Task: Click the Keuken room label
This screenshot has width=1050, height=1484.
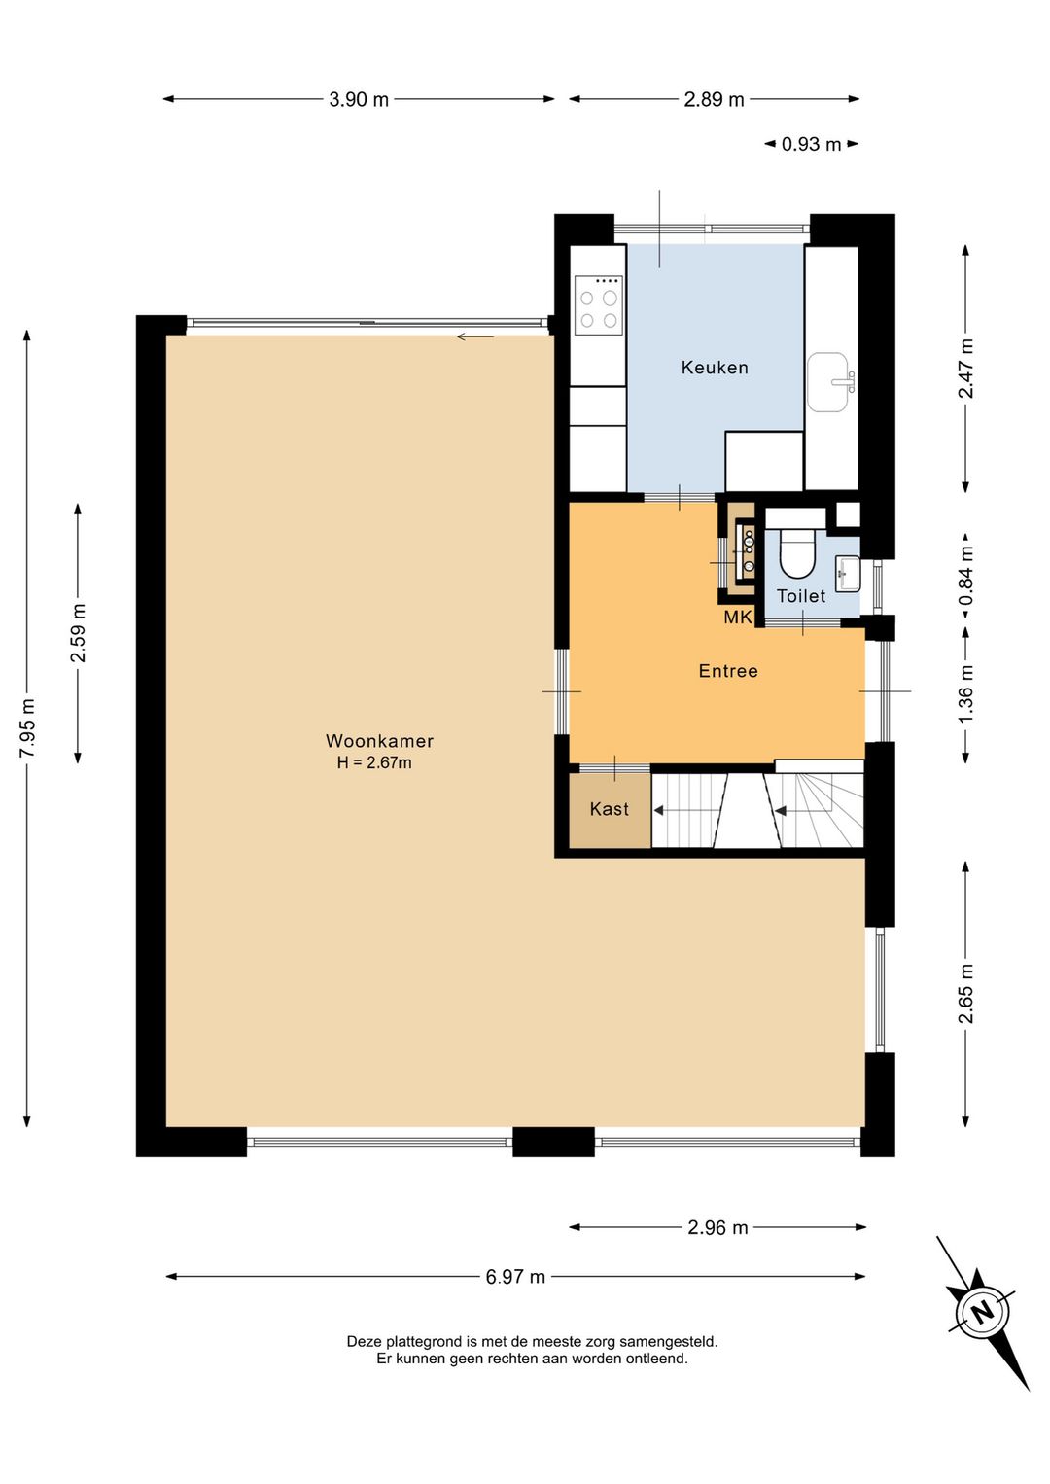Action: coord(715,367)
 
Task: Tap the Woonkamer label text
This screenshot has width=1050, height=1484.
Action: coord(379,741)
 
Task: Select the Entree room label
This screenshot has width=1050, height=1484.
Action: coord(728,671)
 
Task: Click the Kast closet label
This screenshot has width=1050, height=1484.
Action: coord(610,809)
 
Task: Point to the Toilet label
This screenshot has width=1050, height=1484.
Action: coord(801,596)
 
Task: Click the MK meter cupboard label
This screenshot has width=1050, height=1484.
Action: coord(738,618)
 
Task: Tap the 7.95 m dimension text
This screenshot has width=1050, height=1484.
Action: coord(27,726)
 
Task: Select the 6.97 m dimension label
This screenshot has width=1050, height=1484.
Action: coord(515,1277)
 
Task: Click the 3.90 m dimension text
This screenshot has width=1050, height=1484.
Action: coord(359,100)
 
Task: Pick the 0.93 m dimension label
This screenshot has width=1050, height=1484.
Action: coord(812,144)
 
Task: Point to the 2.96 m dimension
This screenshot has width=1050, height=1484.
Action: coord(717,1227)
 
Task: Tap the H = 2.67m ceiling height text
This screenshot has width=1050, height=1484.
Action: coord(374,763)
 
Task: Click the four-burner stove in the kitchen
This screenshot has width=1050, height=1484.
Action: coord(599,305)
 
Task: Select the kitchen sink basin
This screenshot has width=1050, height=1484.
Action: coord(827,381)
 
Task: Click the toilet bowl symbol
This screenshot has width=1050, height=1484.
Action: coord(795,554)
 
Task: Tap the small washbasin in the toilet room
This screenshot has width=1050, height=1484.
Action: coord(847,574)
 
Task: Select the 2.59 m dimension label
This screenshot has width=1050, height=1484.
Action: coord(79,633)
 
